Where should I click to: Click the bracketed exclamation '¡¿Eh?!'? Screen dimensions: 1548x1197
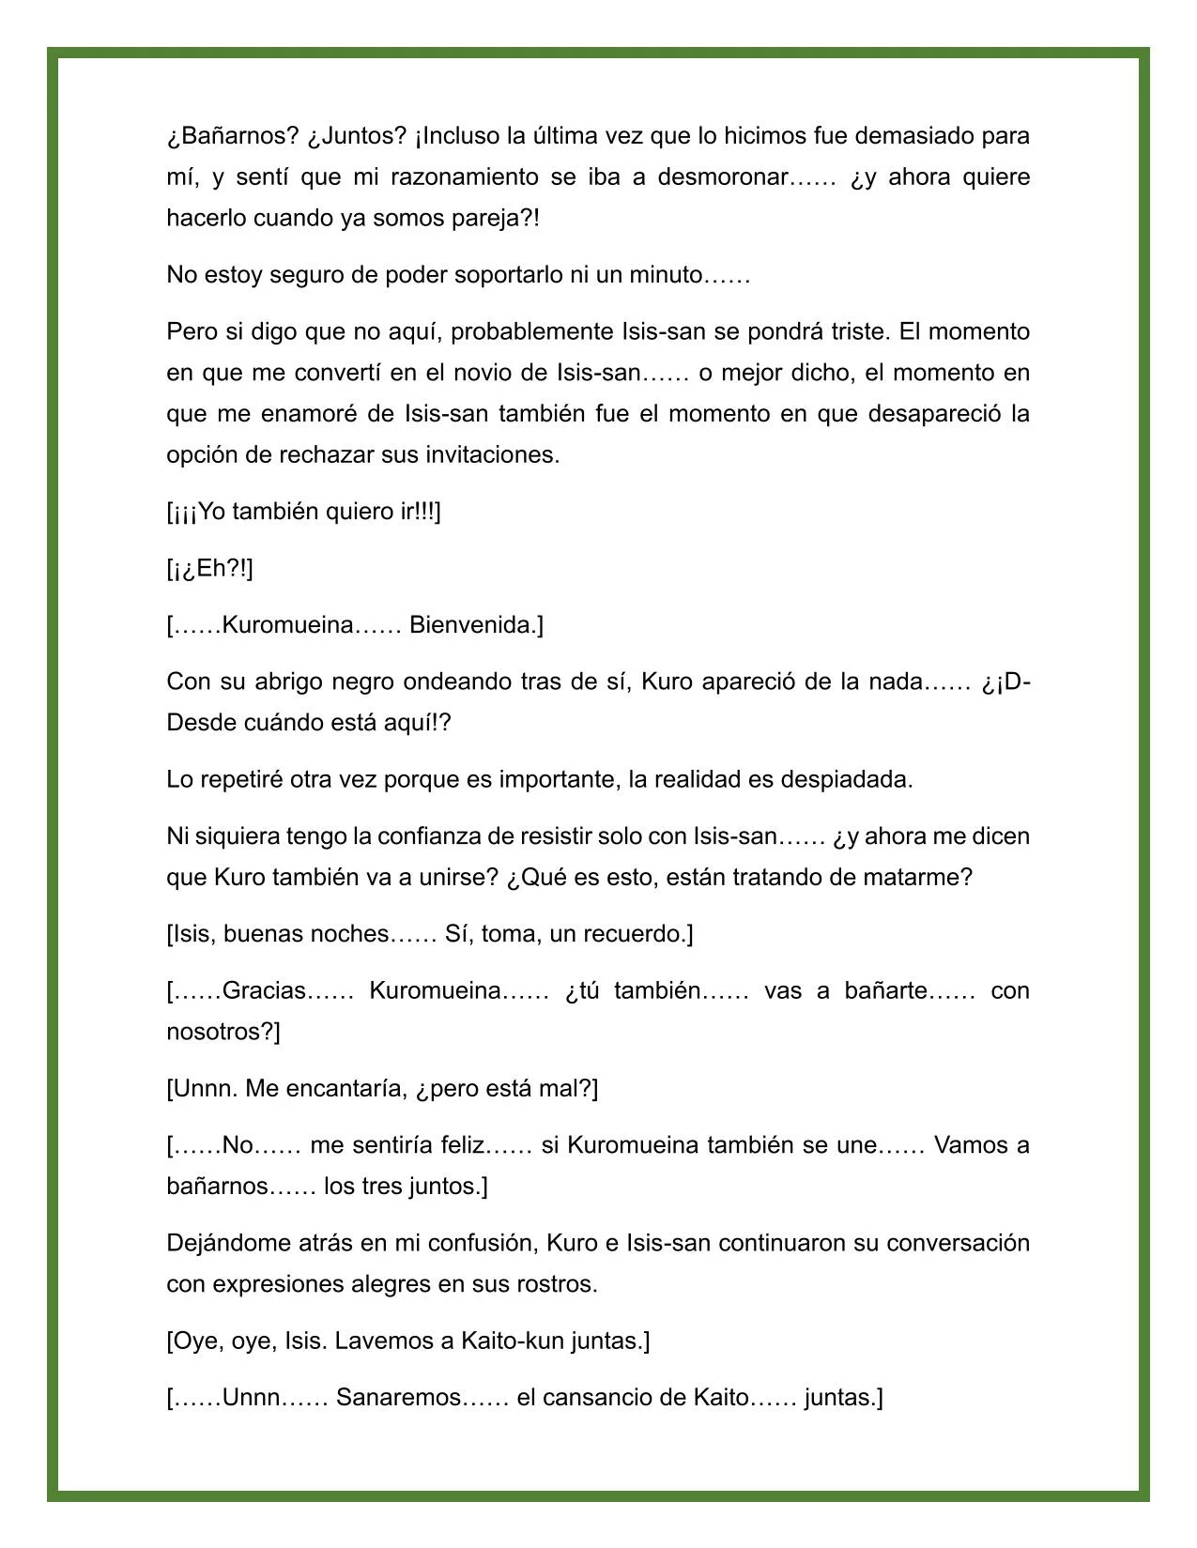pos(209,569)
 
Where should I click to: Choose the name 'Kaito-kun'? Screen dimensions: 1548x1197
pos(512,1341)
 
